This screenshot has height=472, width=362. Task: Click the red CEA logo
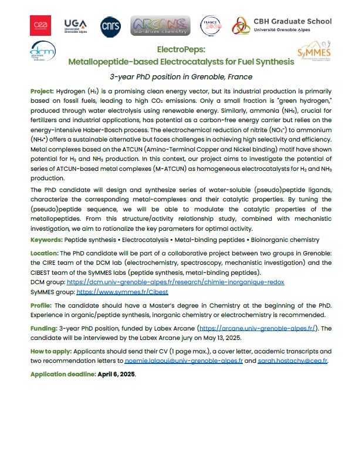[40, 25]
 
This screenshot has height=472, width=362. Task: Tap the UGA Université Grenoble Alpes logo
[75, 25]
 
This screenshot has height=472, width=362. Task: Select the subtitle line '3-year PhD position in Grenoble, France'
[181, 77]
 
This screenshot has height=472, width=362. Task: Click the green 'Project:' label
[42, 92]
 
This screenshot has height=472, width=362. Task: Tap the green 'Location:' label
[45, 252]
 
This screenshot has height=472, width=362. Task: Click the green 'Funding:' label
[43, 328]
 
